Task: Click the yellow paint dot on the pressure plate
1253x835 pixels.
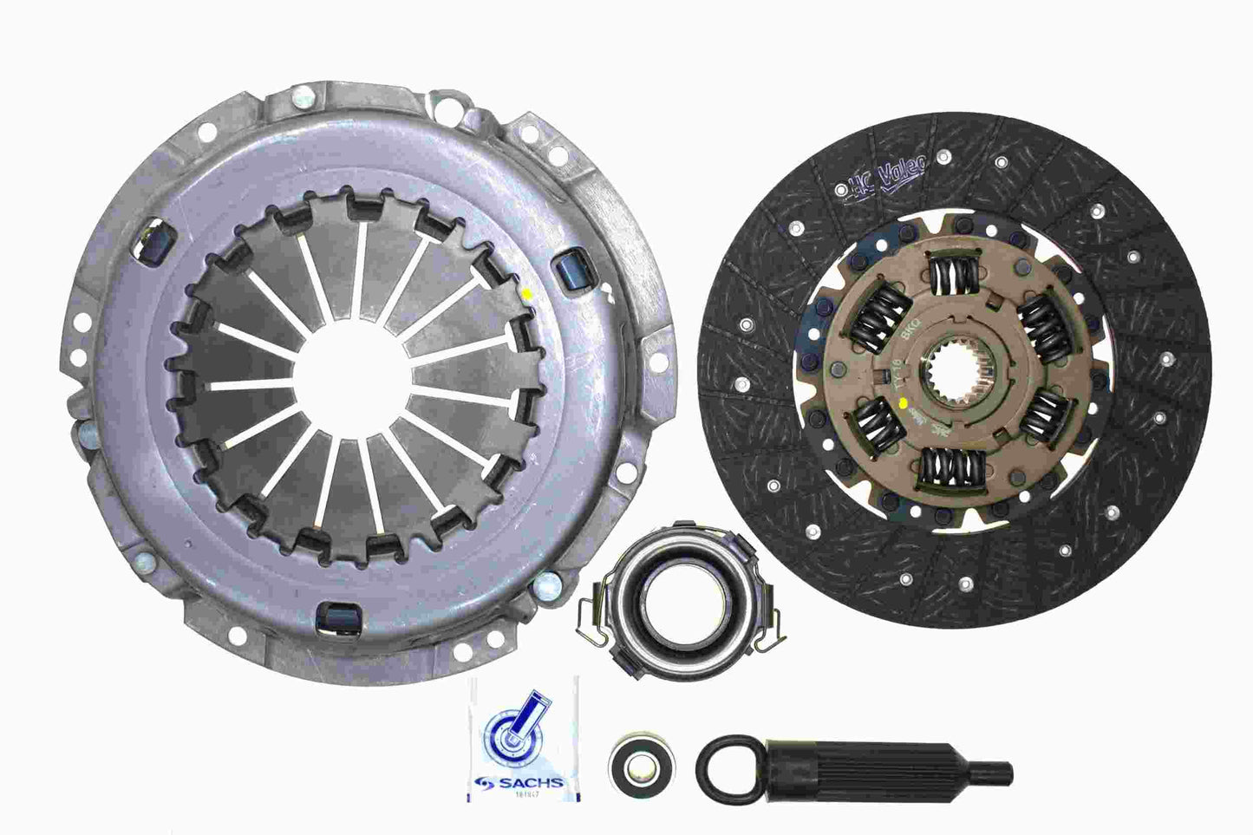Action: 529,293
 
